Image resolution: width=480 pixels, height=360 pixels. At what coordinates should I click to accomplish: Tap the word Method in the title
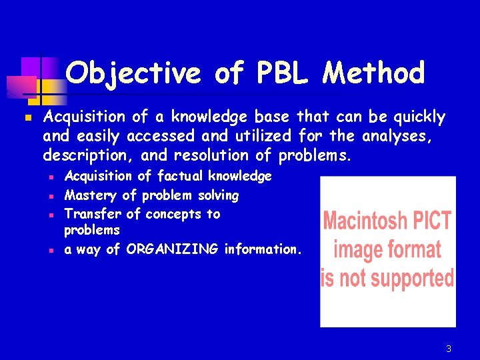pyautogui.click(x=373, y=73)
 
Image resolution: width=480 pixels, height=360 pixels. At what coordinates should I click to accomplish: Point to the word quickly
pyautogui.click(x=417, y=118)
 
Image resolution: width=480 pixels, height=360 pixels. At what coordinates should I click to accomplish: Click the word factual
pyautogui.click(x=181, y=176)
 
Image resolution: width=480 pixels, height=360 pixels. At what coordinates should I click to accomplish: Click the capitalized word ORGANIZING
pyautogui.click(x=172, y=249)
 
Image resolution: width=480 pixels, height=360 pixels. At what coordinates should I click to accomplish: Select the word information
pyautogui.click(x=263, y=249)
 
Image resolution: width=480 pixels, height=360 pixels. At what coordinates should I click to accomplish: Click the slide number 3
pyautogui.click(x=449, y=349)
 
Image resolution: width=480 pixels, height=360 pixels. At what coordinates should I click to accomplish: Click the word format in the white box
pyautogui.click(x=414, y=249)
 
